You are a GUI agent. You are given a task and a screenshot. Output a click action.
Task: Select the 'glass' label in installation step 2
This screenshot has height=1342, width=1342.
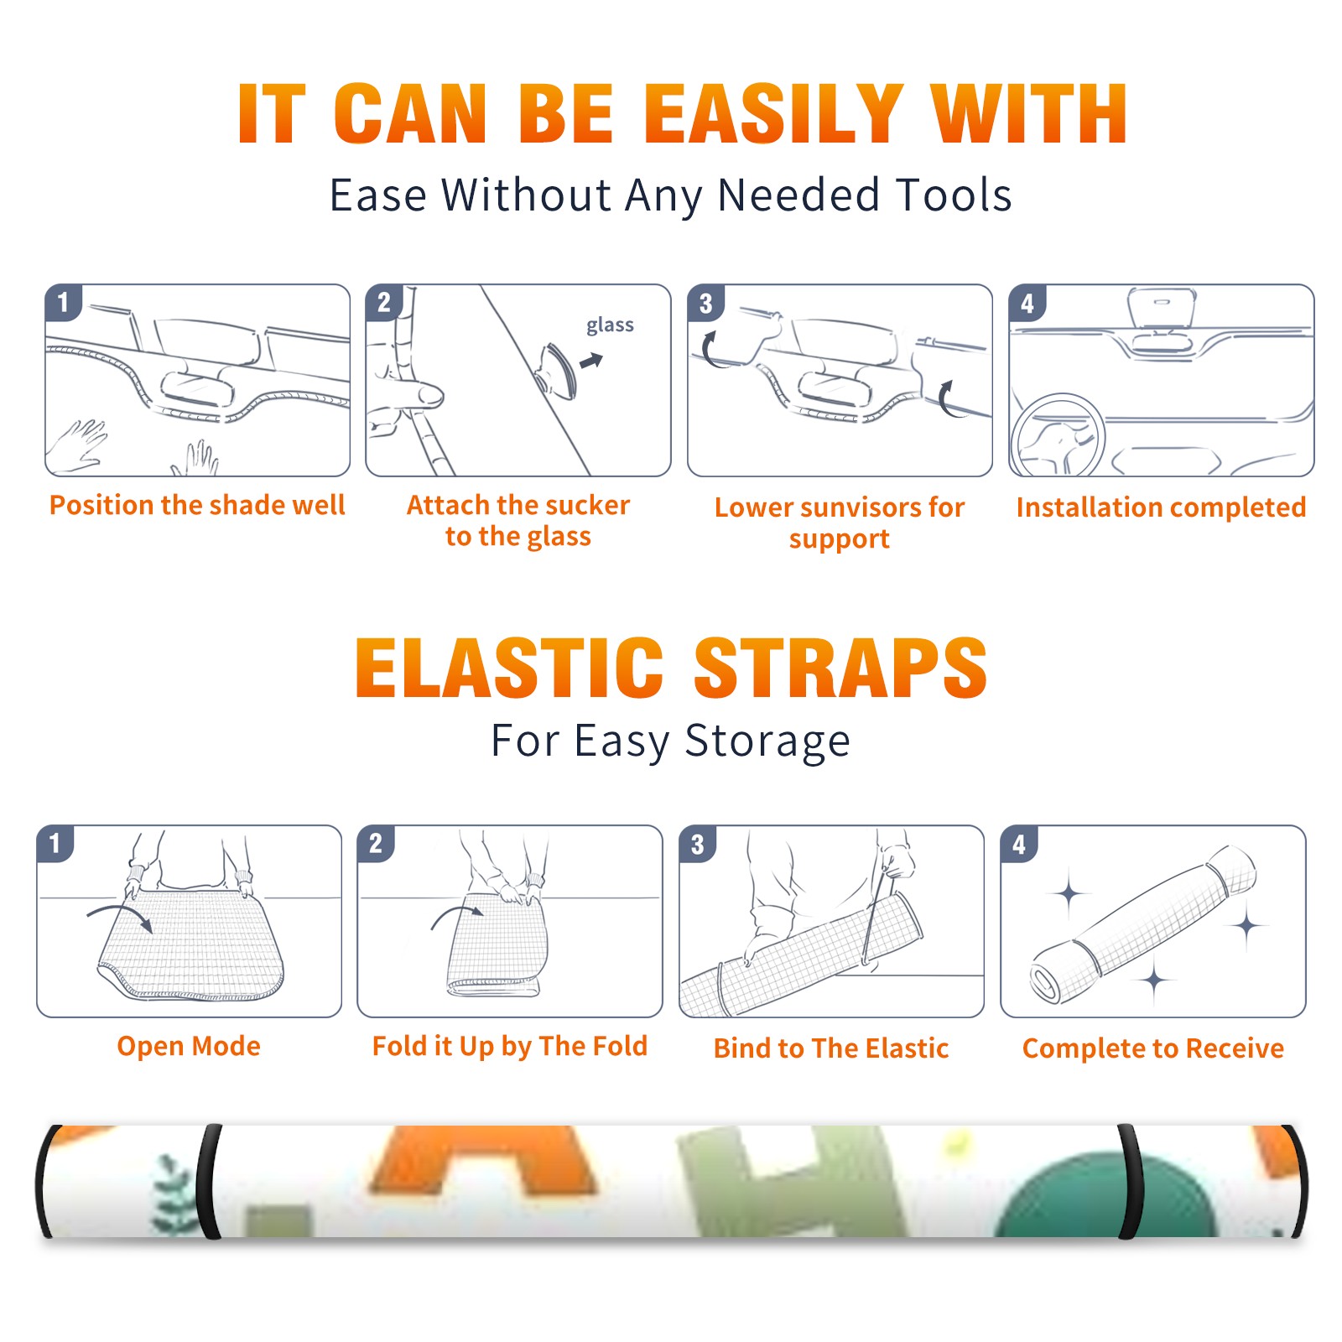(x=610, y=325)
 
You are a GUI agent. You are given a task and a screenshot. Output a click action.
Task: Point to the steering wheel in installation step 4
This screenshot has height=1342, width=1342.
(x=1059, y=435)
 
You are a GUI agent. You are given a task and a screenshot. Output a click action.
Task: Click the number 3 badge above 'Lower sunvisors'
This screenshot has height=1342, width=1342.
(x=705, y=303)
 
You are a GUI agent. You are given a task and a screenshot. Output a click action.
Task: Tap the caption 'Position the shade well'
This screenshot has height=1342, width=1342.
(x=197, y=505)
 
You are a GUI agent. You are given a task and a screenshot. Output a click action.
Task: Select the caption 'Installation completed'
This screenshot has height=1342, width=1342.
(x=1161, y=507)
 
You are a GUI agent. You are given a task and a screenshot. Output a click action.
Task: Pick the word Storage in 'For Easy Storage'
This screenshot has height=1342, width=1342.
(x=767, y=741)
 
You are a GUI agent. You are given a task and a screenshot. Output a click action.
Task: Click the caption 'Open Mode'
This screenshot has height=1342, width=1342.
(x=189, y=1046)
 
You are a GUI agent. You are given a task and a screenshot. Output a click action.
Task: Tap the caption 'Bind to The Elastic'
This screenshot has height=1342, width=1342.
(x=831, y=1048)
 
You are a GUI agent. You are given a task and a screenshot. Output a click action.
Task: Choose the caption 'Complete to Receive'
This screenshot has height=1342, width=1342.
(x=1153, y=1048)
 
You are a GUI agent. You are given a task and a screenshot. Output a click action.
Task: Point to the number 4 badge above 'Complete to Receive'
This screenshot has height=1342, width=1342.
(x=1019, y=844)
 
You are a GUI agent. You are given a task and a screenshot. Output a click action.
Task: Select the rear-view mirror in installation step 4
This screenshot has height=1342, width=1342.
(x=1161, y=309)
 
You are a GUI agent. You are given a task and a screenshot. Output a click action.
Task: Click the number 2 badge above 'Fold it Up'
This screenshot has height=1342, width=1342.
(x=376, y=844)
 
